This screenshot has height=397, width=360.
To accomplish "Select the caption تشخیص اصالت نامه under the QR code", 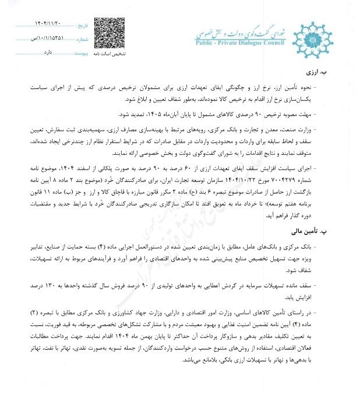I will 110,53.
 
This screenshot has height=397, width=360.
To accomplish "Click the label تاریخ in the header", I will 84,26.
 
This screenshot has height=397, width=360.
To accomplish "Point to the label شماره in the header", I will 82,39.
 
